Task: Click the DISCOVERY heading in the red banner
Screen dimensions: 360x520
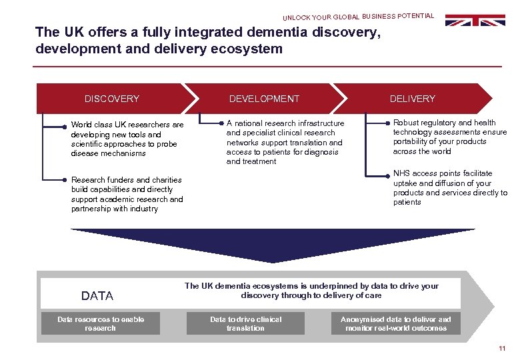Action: (112, 99)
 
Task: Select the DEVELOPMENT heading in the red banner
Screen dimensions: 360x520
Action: (264, 99)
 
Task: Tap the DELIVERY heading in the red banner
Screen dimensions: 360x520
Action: (412, 99)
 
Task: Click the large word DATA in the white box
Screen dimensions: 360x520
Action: (97, 296)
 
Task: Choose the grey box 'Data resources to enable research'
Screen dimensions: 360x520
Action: (101, 323)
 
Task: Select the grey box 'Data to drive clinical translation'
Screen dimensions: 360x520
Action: (246, 323)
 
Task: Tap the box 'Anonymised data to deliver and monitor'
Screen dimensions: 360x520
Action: (396, 323)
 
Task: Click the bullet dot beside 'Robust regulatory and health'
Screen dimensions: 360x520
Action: (387, 123)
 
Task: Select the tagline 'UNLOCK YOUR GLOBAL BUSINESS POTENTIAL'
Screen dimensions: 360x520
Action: (358, 16)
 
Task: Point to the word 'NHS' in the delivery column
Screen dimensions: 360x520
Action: (401, 173)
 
